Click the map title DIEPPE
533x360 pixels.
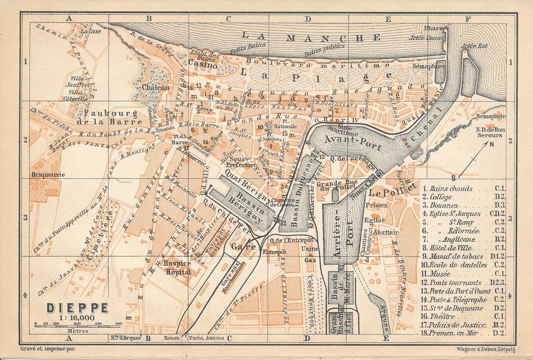77,308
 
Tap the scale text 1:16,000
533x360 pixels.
77,318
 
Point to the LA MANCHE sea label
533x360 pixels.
310,38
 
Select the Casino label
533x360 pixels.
203,65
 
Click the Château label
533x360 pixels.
155,87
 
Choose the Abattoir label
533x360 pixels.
386,232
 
